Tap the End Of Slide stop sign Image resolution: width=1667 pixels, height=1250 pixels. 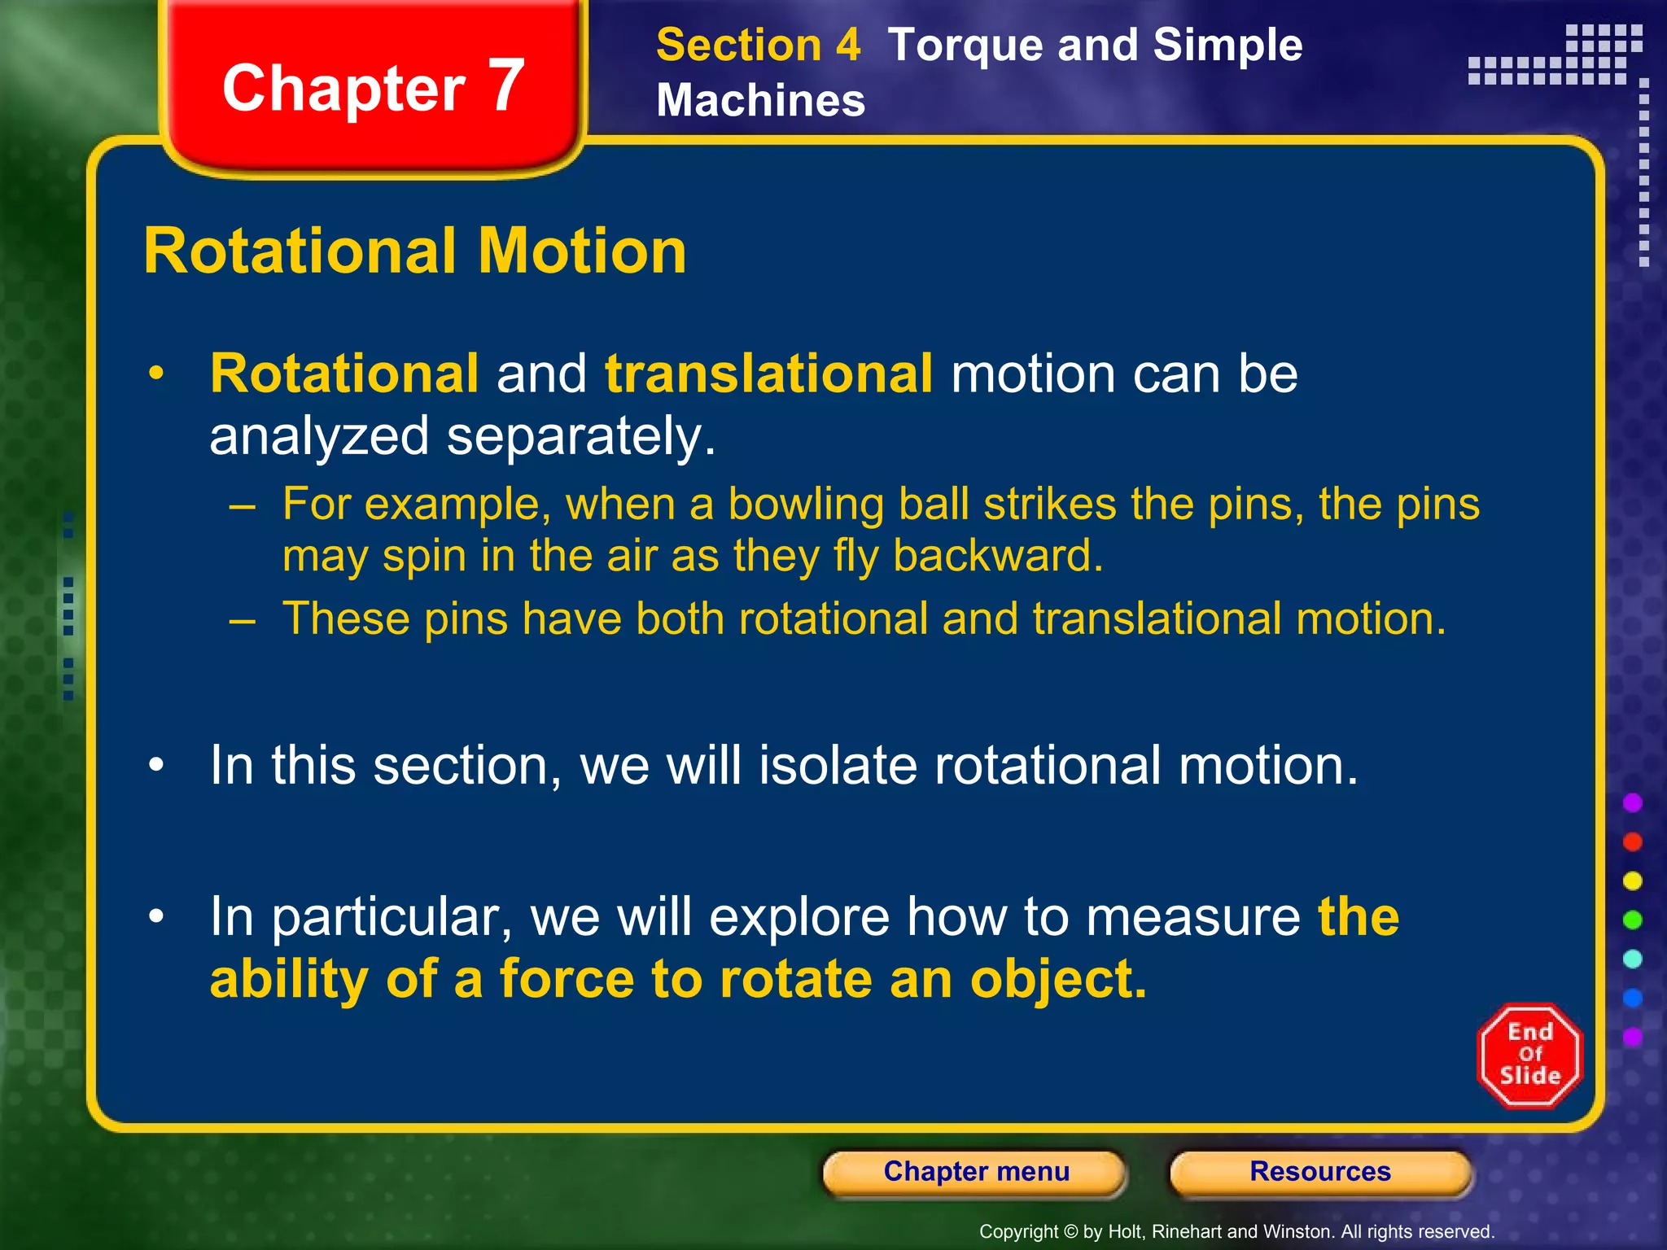1529,1056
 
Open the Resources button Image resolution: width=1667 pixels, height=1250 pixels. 1319,1172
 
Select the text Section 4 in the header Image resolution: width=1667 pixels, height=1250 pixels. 758,45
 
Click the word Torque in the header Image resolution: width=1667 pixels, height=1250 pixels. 963,45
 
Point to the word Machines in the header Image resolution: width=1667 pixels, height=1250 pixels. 760,101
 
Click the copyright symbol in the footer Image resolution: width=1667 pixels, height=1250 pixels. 1071,1232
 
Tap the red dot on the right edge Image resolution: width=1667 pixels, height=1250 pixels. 1632,842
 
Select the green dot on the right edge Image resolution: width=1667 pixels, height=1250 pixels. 1632,920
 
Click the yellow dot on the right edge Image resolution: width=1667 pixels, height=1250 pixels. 1632,881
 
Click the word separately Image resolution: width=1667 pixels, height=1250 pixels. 581,437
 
